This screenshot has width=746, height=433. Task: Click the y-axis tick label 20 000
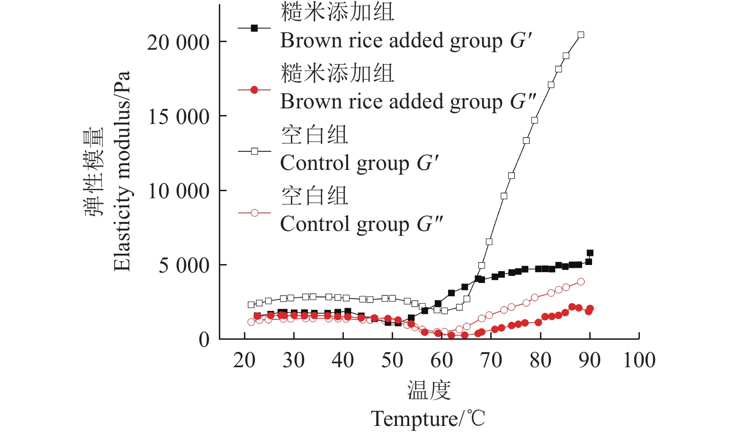click(178, 43)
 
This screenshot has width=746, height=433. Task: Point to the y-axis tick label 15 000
click(178, 117)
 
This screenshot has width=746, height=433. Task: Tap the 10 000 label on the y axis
click(178, 191)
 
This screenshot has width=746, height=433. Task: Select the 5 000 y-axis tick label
click(184, 265)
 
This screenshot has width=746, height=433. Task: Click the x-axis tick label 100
click(639, 360)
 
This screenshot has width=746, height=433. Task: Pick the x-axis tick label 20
click(244, 360)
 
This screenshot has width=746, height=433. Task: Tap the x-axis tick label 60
click(441, 360)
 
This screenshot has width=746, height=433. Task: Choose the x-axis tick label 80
click(540, 360)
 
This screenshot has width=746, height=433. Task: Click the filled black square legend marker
click(254, 28)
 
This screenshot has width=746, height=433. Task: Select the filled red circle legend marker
click(254, 90)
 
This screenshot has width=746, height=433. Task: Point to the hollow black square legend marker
click(254, 151)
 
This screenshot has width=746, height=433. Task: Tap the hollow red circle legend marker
click(254, 213)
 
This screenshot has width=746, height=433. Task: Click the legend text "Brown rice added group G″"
click(408, 102)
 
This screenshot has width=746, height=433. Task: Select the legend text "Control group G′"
click(360, 163)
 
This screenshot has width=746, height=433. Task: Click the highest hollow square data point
click(581, 35)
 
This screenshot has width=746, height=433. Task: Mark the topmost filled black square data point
click(590, 253)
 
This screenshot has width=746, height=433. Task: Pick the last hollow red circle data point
click(581, 282)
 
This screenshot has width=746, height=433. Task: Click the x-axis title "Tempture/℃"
click(428, 419)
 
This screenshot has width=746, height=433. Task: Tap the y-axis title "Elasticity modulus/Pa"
click(122, 171)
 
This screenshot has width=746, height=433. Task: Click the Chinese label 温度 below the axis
click(429, 390)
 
